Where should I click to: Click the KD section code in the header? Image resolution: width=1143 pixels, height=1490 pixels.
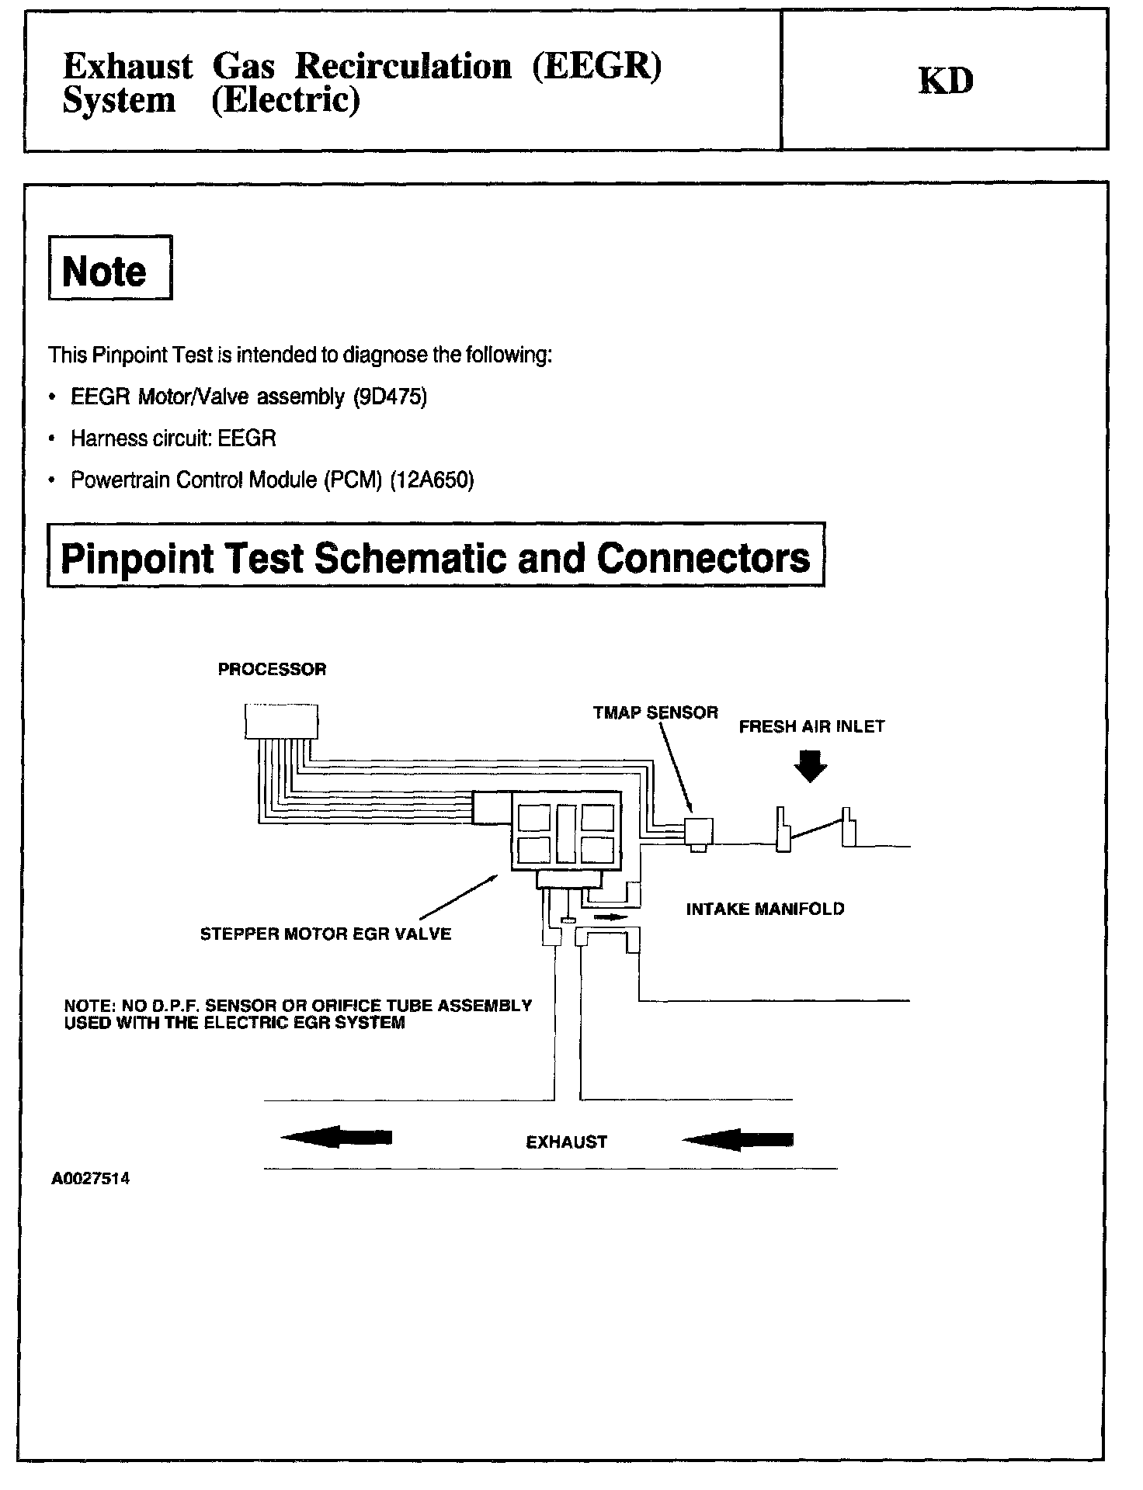pyautogui.click(x=945, y=81)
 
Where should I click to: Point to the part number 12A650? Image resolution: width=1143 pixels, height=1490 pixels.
pyautogui.click(x=432, y=480)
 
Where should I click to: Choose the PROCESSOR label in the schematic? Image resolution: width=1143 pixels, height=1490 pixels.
pyautogui.click(x=272, y=669)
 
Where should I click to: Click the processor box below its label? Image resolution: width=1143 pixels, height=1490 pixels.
pyautogui.click(x=281, y=721)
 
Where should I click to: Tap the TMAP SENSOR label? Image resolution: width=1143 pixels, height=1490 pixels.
pyautogui.click(x=655, y=712)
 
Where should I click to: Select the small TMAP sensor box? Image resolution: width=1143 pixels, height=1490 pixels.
pyautogui.click(x=697, y=830)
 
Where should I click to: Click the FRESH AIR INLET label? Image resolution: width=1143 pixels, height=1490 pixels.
pyautogui.click(x=811, y=726)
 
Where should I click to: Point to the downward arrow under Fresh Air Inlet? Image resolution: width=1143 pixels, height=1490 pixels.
pyautogui.click(x=811, y=766)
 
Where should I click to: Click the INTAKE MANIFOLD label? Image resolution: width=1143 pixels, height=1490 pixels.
pyautogui.click(x=765, y=909)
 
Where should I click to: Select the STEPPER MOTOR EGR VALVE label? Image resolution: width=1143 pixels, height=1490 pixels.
pyautogui.click(x=325, y=934)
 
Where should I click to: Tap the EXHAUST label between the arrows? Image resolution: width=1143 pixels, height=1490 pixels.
pyautogui.click(x=566, y=1142)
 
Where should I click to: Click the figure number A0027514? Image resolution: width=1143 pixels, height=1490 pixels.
pyautogui.click(x=91, y=1179)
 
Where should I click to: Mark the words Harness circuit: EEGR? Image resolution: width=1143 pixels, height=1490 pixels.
pyautogui.click(x=173, y=438)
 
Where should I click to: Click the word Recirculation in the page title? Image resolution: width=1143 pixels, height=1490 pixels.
pyautogui.click(x=403, y=67)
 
